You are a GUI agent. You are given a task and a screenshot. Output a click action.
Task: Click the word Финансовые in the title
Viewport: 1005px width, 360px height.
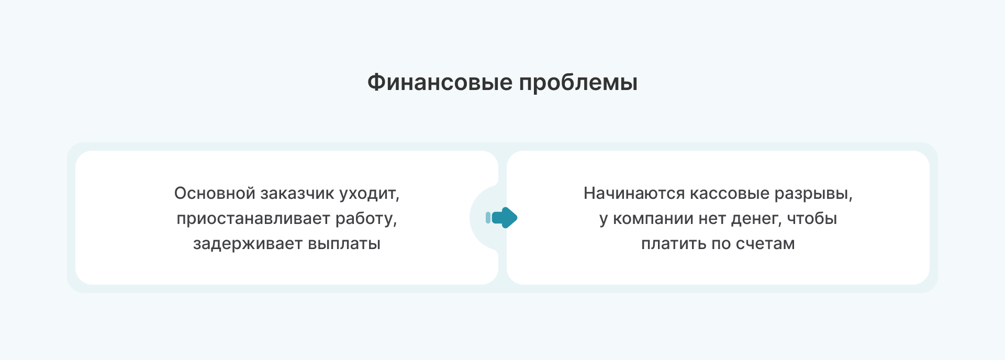click(x=440, y=82)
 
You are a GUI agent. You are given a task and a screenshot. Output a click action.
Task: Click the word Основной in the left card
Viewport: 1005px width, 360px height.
click(x=215, y=193)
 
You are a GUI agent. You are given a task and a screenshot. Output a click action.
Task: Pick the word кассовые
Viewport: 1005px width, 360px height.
click(x=730, y=194)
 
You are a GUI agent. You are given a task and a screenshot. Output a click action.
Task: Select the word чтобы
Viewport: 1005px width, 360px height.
click(x=812, y=218)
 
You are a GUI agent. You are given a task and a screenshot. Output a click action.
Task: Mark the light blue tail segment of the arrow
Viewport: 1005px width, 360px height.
click(x=488, y=218)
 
